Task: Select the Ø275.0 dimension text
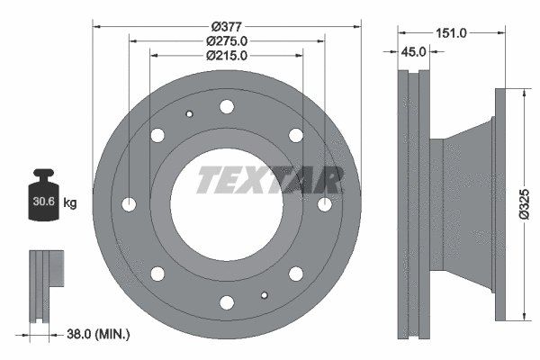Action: pos(227,40)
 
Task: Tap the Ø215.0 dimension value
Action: pos(227,55)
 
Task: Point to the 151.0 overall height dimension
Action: pos(451,33)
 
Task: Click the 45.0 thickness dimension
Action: pos(413,52)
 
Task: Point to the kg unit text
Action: pos(69,203)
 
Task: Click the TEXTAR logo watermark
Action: pos(268,180)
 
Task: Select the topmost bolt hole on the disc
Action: pos(227,107)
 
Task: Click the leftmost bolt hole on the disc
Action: pos(130,204)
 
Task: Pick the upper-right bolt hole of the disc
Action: pos(295,136)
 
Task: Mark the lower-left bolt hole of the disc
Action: pos(158,274)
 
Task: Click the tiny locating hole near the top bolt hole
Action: pos(189,114)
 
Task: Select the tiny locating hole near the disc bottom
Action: pos(264,294)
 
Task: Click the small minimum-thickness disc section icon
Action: pos(45,283)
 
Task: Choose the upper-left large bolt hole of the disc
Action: pos(158,136)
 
